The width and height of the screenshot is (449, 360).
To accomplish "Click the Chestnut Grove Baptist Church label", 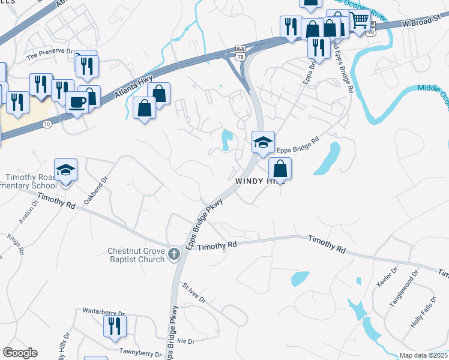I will click(136, 255).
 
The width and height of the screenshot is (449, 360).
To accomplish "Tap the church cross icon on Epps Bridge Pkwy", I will click(174, 254).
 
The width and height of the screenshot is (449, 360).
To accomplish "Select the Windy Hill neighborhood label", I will click(259, 181).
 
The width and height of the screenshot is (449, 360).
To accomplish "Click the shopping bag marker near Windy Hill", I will click(280, 169).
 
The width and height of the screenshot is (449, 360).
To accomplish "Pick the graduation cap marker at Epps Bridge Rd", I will click(263, 143).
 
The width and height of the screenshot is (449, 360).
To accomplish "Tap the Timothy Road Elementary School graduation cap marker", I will click(66, 170).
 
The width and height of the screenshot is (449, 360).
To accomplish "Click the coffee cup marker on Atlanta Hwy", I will click(77, 101).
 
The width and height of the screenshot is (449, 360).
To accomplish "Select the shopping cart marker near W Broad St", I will click(359, 20).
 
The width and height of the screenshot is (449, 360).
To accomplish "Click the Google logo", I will click(20, 353).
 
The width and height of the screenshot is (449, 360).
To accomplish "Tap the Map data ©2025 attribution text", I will click(423, 355).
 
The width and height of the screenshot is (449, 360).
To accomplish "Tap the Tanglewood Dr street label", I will click(402, 292).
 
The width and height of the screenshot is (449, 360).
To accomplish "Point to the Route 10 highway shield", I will click(47, 124).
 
